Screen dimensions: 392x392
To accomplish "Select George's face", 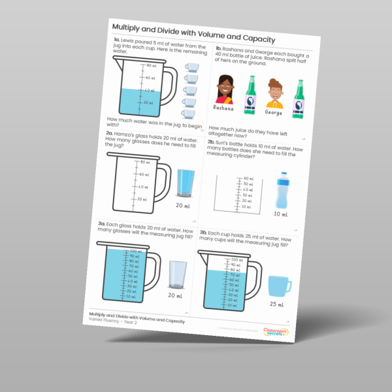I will click(274, 93).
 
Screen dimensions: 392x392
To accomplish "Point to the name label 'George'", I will click(274, 112).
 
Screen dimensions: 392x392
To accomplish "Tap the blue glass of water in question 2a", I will click(186, 185).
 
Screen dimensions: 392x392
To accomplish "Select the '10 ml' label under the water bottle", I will click(281, 214).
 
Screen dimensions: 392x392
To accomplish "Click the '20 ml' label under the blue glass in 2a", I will click(183, 206).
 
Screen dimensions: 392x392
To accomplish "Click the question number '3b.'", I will click(204, 233).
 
